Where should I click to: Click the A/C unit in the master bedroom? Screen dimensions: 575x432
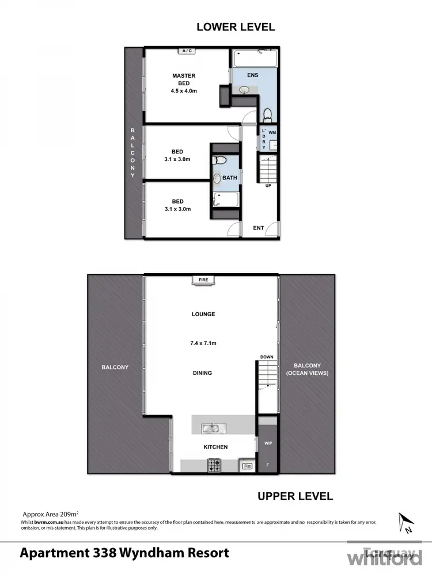click(186, 51)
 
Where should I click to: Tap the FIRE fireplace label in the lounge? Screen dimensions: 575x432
click(203, 280)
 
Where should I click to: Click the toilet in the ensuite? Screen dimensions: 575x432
click(267, 114)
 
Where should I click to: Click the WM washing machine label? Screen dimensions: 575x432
click(272, 133)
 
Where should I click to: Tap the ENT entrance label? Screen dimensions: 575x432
click(259, 228)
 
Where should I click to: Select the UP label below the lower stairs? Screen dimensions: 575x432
click(268, 186)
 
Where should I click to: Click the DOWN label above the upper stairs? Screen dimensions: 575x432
click(266, 357)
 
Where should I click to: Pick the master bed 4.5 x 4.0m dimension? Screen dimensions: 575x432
click(184, 91)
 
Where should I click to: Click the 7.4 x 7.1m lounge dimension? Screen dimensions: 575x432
click(203, 343)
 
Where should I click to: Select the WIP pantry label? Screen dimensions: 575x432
click(267, 444)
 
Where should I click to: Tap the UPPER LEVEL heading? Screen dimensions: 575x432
click(295, 496)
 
